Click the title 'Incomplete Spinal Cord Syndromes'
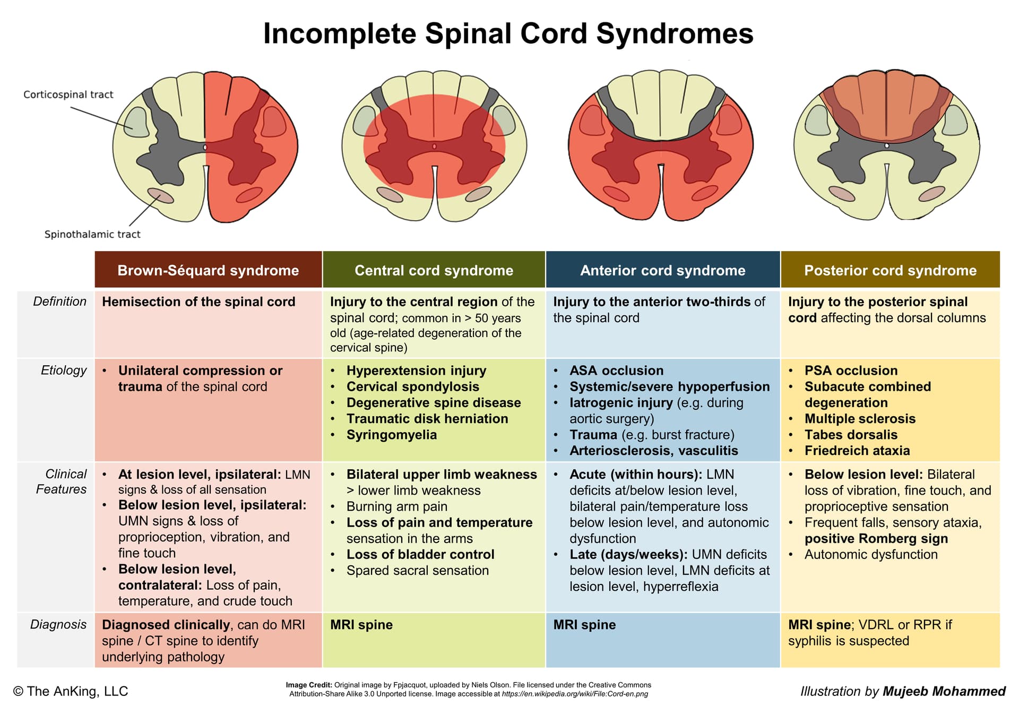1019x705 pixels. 508,33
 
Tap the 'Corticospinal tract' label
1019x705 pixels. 68,94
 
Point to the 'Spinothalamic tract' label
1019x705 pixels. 92,234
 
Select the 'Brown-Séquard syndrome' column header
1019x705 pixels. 208,270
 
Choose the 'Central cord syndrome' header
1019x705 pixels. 434,270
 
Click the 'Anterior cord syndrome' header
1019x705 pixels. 662,270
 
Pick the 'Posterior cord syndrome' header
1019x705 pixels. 890,270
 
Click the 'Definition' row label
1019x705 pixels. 59,302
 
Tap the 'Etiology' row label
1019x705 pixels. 64,371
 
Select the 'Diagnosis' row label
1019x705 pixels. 58,624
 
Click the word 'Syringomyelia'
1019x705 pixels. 392,435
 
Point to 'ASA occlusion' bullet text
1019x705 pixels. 616,371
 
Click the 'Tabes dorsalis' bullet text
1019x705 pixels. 851,435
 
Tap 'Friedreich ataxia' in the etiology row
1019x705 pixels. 857,451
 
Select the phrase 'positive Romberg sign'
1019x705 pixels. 876,538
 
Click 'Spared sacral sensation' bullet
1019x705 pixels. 418,571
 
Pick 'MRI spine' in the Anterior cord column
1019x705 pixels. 584,625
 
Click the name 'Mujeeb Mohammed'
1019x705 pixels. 944,691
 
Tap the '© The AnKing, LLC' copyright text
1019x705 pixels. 71,691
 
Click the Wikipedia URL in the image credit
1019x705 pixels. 575,694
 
